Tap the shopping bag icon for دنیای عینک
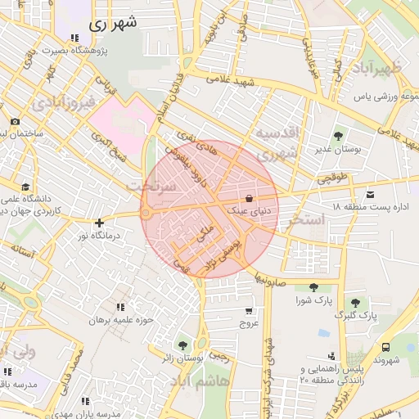[x=248, y=198]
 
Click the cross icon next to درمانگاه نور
[x=99, y=222]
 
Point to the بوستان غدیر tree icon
[x=338, y=136]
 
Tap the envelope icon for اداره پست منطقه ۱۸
[x=371, y=194]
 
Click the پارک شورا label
[x=313, y=300]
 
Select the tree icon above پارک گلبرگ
[x=355, y=302]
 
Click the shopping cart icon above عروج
[x=248, y=311]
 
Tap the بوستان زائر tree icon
[x=182, y=345]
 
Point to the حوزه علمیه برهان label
[x=122, y=320]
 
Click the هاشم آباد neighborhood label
[x=194, y=381]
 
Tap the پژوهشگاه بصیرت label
[x=74, y=51]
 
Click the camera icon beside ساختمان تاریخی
[x=15, y=122]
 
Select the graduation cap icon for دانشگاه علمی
[x=25, y=187]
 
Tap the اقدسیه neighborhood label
[x=277, y=133]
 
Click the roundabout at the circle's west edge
[x=146, y=214]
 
